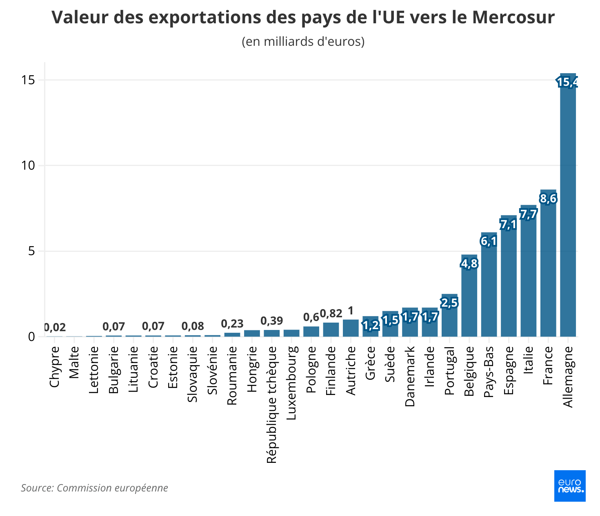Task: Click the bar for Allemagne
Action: pos(568,204)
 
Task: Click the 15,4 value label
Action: pos(567,82)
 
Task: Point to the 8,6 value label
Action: pos(548,199)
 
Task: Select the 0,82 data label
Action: pos(331,314)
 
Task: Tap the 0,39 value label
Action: pos(272,321)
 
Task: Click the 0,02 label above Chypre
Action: pos(55,327)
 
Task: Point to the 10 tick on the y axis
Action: pos(29,166)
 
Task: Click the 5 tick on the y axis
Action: pos(31,251)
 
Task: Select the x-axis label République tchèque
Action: pos(272,405)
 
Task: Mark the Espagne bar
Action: pos(509,282)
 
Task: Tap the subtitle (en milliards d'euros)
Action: pos(303,42)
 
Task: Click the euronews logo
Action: pos(569,486)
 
